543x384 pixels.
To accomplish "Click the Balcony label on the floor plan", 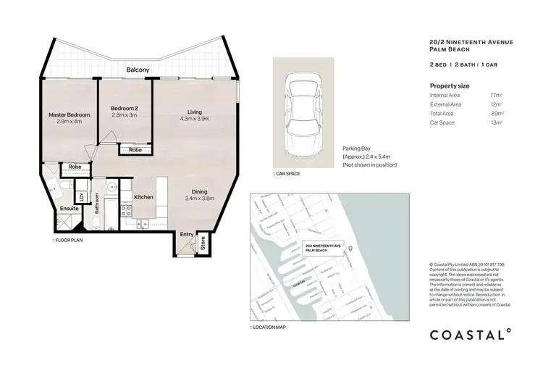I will click(x=138, y=70).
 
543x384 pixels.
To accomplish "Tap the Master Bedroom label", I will click(x=69, y=115).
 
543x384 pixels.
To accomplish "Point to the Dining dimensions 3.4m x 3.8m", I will click(x=199, y=198).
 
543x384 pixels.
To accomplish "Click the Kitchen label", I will click(x=143, y=197).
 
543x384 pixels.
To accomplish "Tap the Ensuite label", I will click(x=69, y=207).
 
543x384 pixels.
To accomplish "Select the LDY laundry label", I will click(x=82, y=196).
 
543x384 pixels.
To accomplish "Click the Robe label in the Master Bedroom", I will click(x=75, y=167).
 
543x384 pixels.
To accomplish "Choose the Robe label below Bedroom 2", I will click(x=135, y=151).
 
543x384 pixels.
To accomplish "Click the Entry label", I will click(x=187, y=234).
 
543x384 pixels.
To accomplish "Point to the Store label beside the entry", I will click(x=203, y=243).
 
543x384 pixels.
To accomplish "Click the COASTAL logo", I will click(x=471, y=335).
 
